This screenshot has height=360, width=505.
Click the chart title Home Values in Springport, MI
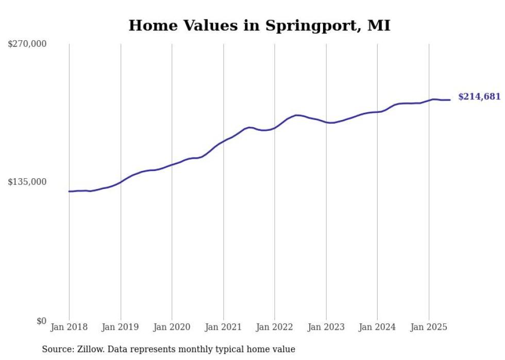tap(259, 25)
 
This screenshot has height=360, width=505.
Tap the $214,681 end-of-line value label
tap(479, 96)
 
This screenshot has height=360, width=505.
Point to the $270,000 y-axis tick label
tap(27, 44)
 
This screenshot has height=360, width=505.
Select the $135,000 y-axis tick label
tap(27, 182)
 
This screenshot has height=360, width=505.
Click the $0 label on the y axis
tap(41, 321)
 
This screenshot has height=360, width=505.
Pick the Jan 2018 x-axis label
tap(69, 327)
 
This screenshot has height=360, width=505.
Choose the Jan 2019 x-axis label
tap(121, 327)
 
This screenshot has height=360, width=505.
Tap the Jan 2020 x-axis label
tap(172, 327)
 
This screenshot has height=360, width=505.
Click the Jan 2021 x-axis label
tap(224, 327)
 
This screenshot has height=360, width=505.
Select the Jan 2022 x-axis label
tap(275, 327)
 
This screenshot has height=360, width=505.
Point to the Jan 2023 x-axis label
tap(326, 327)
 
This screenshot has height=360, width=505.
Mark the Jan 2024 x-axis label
tap(378, 327)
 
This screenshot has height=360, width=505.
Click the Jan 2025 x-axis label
tap(429, 327)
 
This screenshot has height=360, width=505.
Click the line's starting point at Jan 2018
tap(69, 192)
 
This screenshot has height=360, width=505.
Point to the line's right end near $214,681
tap(450, 100)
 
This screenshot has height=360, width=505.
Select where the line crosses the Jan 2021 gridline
tap(224, 141)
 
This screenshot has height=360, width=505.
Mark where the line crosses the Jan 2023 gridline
tap(326, 122)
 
